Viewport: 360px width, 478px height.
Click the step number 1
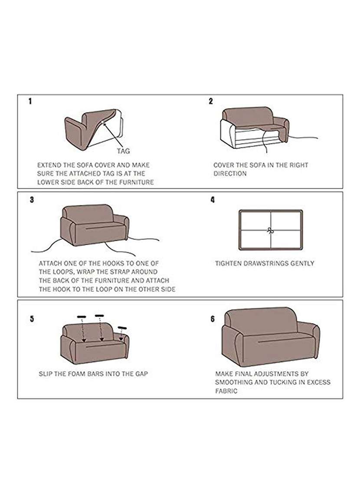[30, 101]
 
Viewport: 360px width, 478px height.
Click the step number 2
[211, 101]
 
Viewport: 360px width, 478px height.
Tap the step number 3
[32, 200]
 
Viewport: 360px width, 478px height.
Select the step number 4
[213, 200]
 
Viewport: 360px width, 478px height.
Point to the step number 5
[32, 319]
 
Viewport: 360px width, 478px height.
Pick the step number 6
[213, 319]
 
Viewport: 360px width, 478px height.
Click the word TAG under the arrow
[123, 151]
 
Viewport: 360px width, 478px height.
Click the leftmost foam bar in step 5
[81, 317]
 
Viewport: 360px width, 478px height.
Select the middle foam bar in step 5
[99, 315]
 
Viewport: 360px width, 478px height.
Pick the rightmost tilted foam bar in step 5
[123, 327]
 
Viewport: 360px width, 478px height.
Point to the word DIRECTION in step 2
[230, 174]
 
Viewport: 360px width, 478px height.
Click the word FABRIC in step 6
[226, 391]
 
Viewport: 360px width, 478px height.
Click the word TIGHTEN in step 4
[228, 263]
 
